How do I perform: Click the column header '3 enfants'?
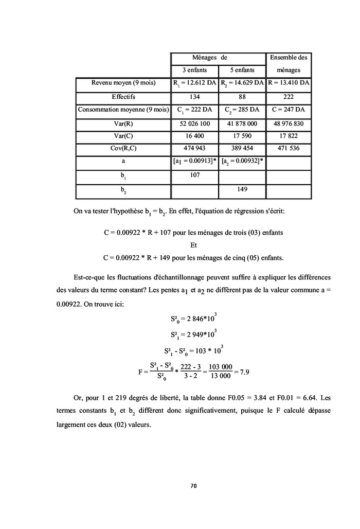tap(194, 70)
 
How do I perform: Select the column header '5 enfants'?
tap(243, 70)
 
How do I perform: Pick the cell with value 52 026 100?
tap(194, 123)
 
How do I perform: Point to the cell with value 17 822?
tap(289, 136)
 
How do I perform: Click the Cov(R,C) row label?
tap(123, 149)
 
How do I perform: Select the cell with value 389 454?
tap(243, 149)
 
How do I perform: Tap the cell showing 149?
tap(243, 189)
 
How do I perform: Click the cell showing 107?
tap(194, 175)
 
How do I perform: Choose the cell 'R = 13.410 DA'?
tap(289, 83)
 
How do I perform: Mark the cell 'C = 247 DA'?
tap(289, 110)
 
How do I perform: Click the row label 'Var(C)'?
tap(123, 136)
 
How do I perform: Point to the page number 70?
tap(194, 485)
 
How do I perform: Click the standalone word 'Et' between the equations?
tap(194, 244)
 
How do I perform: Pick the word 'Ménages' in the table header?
tap(204, 57)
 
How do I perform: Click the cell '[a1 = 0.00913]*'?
tap(194, 162)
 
